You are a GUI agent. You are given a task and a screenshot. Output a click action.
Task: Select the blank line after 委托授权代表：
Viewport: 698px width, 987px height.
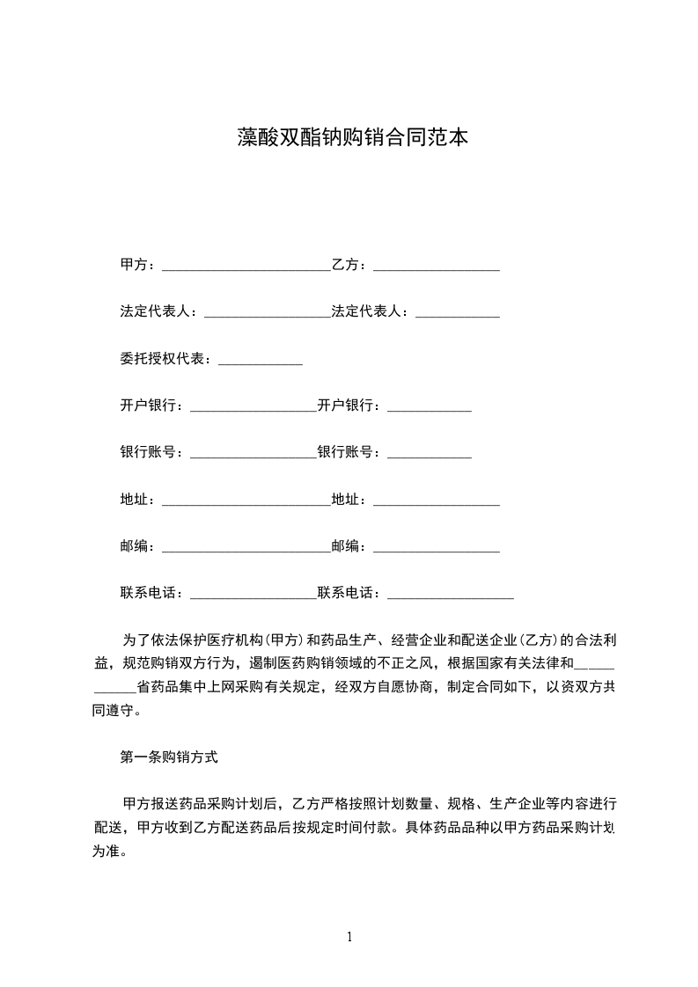coord(260,362)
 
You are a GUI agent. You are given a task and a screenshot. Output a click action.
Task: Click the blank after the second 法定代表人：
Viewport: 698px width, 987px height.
coord(458,314)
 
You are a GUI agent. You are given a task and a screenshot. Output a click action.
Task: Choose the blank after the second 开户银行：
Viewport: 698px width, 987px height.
coord(430,409)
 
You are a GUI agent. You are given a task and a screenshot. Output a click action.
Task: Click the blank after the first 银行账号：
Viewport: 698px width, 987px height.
coord(253,456)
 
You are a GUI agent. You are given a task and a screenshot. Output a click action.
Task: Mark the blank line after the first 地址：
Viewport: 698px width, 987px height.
coord(246,503)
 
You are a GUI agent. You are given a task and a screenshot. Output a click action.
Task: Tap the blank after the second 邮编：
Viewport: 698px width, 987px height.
coord(437,551)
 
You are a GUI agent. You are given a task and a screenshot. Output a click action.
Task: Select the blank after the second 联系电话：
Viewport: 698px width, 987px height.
coord(451,597)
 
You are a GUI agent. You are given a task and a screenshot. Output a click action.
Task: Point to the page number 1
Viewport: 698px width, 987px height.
coord(349,937)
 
